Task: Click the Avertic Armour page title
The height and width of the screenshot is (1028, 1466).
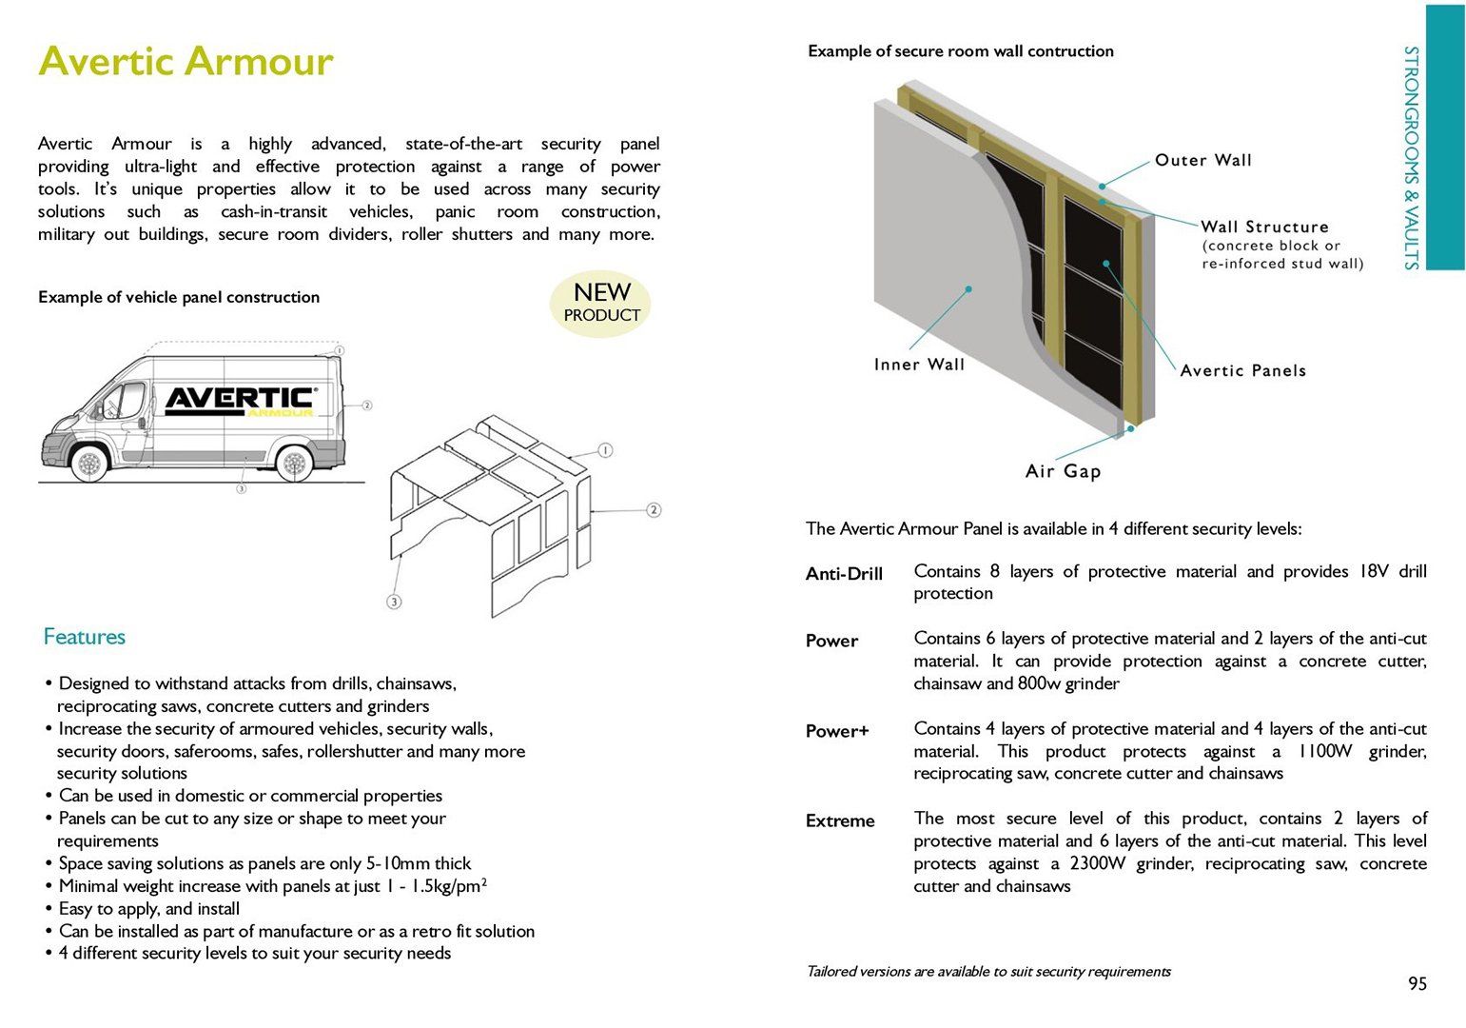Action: [x=186, y=62]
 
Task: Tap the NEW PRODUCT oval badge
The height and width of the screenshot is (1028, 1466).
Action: [x=601, y=303]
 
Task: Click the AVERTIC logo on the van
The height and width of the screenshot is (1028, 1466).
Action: [x=239, y=400]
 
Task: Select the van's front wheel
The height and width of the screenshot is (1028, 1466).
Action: [x=89, y=464]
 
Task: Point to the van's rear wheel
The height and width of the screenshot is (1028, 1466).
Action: [x=294, y=464]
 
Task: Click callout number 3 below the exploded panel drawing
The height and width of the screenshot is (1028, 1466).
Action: [x=394, y=601]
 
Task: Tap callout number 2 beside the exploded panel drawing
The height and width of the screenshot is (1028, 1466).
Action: [x=654, y=510]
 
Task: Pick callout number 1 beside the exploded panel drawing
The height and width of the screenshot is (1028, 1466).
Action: [x=605, y=450]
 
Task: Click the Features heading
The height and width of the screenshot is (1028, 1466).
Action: [x=84, y=637]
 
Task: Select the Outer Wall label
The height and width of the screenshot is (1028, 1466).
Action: [x=1203, y=160]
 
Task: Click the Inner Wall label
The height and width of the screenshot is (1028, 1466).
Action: [x=919, y=365]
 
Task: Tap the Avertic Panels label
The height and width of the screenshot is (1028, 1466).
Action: [x=1242, y=370]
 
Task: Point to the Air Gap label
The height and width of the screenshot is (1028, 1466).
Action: [x=1063, y=471]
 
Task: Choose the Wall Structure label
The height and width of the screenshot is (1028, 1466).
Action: [x=1264, y=227]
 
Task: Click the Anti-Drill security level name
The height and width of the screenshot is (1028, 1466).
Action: [x=844, y=573]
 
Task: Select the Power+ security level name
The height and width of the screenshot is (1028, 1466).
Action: [x=837, y=731]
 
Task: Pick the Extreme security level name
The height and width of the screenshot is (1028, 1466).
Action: [x=840, y=820]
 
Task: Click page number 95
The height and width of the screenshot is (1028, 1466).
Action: [x=1417, y=983]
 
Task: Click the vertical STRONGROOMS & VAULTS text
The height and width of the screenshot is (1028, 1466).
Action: [x=1411, y=158]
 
